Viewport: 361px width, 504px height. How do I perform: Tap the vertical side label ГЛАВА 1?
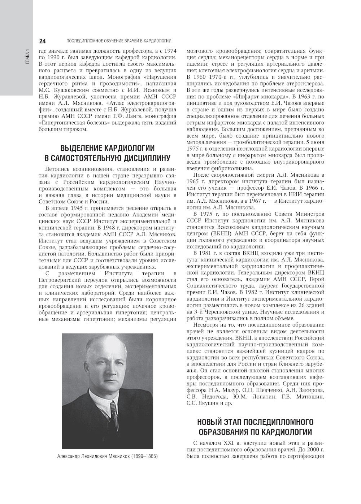point(27,57)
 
